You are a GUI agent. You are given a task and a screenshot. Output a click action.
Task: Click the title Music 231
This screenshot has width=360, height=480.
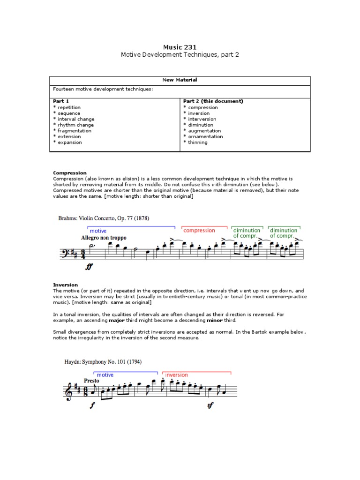tap(180, 47)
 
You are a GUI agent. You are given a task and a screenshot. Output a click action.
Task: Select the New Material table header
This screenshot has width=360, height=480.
tap(180, 80)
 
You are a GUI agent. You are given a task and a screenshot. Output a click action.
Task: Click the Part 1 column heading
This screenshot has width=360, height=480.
tap(61, 101)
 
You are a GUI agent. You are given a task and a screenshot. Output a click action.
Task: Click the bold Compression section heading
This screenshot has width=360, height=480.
tap(70, 173)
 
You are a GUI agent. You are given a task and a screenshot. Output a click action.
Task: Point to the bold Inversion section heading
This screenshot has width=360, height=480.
tap(66, 285)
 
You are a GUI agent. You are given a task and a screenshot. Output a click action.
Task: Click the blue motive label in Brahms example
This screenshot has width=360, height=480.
tap(98, 231)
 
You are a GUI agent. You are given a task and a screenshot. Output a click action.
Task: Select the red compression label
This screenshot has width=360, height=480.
tap(199, 231)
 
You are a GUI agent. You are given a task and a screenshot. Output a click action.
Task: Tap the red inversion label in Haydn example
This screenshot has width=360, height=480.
tap(177, 375)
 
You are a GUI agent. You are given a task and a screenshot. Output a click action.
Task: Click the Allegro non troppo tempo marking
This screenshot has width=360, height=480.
tap(104, 238)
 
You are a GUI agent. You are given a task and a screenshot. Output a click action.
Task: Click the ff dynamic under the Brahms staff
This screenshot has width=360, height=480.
tap(90, 267)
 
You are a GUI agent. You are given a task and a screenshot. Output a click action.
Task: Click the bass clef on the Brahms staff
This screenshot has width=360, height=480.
tap(65, 255)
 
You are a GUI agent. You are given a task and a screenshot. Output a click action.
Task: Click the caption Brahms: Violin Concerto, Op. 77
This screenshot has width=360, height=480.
tap(104, 218)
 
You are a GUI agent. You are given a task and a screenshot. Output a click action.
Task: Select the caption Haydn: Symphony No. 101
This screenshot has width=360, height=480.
tap(103, 362)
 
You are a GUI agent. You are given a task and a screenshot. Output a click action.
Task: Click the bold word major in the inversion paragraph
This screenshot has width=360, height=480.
tap(117, 320)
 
